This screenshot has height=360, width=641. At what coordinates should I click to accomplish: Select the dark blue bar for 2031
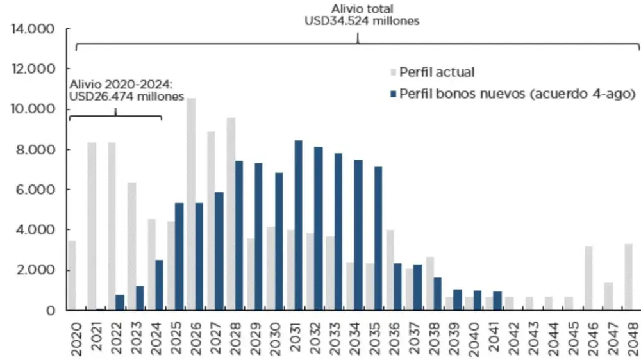click(x=299, y=225)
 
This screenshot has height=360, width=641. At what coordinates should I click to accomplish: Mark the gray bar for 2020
click(x=72, y=275)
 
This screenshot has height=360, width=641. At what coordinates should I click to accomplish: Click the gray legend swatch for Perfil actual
click(x=393, y=72)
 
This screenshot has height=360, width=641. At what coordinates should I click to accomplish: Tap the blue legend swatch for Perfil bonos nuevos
click(x=393, y=94)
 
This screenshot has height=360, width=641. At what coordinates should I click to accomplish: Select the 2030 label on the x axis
click(x=274, y=336)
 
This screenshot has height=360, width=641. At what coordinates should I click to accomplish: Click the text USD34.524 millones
click(x=361, y=21)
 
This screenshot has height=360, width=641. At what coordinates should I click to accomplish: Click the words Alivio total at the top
click(x=362, y=9)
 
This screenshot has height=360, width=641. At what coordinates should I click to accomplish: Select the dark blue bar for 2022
click(x=119, y=302)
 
